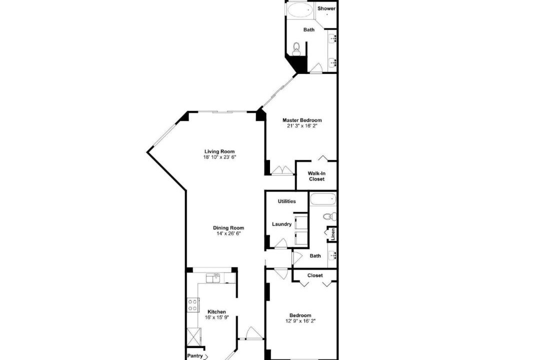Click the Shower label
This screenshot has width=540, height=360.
326,8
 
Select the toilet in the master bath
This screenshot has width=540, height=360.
296,48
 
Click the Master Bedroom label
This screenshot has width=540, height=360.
302,120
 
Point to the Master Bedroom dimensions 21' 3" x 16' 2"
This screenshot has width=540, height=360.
302,126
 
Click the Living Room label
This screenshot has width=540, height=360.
219,151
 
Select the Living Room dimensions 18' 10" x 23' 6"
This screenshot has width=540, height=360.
219,157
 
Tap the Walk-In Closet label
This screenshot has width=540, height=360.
316,176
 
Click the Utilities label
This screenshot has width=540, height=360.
286,201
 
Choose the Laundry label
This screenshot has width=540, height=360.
281,224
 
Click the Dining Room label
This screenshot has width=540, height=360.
228,227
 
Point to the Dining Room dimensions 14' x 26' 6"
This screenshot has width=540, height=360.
228,233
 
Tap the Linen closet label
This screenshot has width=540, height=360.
332,234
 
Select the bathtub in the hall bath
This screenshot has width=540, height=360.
322,199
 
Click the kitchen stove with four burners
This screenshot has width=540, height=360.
192,305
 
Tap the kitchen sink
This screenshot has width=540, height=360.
213,278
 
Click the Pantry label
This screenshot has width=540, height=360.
195,356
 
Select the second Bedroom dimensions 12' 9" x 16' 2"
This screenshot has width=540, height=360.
300,321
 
